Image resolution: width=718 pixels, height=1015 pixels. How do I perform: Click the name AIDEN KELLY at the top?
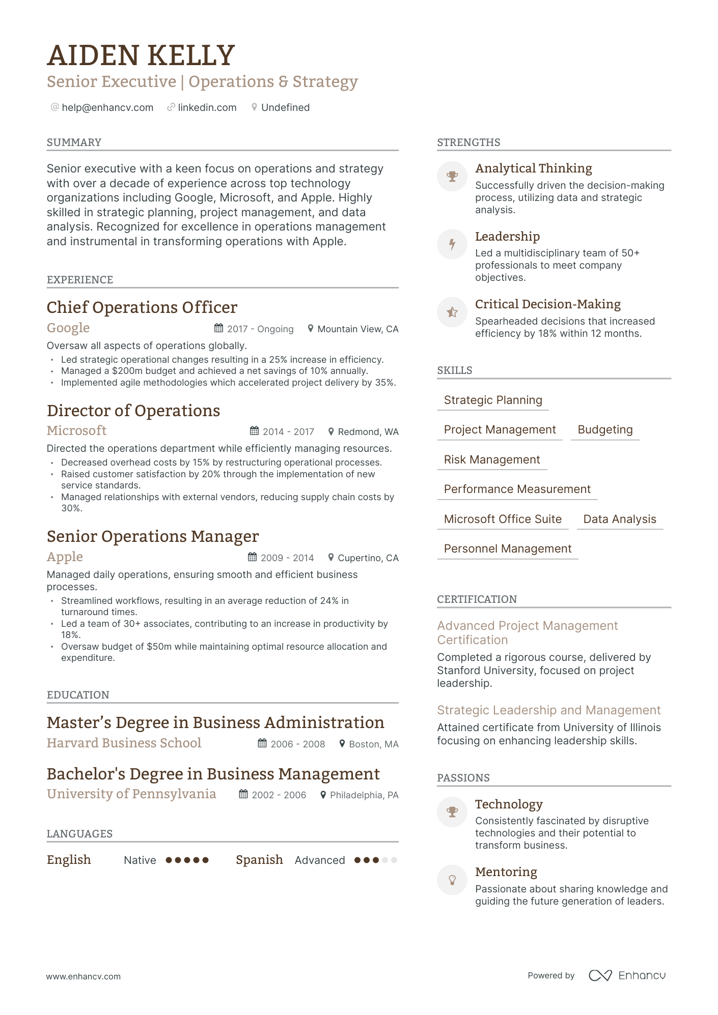pyautogui.click(x=141, y=55)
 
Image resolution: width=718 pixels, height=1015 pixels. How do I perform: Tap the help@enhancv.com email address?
pyautogui.click(x=107, y=107)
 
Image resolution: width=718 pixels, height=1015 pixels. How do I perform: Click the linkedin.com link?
pyautogui.click(x=207, y=107)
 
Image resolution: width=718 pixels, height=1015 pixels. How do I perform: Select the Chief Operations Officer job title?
pyautogui.click(x=142, y=307)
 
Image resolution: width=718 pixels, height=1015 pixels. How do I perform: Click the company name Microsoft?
pyautogui.click(x=76, y=431)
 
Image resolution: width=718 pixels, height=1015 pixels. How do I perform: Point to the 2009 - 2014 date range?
pyautogui.click(x=287, y=558)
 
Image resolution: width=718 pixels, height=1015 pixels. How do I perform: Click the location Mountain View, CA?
pyautogui.click(x=357, y=329)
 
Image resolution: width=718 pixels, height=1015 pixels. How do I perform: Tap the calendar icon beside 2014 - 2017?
pyautogui.click(x=254, y=431)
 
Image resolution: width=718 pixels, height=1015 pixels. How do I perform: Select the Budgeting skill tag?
pyautogui.click(x=605, y=429)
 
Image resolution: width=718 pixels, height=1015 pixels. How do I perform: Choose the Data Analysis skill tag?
pyautogui.click(x=619, y=519)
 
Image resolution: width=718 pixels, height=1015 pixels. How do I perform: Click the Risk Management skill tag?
pyautogui.click(x=491, y=459)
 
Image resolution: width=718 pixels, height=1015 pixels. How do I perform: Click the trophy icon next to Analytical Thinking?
pyautogui.click(x=452, y=177)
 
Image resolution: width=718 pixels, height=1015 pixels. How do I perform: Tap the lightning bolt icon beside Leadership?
pyautogui.click(x=452, y=244)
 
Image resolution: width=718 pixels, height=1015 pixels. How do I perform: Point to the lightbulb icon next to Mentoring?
pyautogui.click(x=452, y=880)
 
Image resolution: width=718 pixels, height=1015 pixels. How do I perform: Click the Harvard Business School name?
pyautogui.click(x=124, y=743)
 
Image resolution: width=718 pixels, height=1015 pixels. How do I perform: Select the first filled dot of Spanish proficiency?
pyautogui.click(x=358, y=860)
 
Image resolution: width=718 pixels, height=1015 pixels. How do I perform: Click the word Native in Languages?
pyautogui.click(x=140, y=860)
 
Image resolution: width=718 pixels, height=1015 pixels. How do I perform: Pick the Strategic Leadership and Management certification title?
pyautogui.click(x=548, y=710)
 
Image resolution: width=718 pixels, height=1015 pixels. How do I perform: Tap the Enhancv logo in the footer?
pyautogui.click(x=627, y=975)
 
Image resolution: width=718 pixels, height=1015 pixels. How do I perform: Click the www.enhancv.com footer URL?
pyautogui.click(x=84, y=976)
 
